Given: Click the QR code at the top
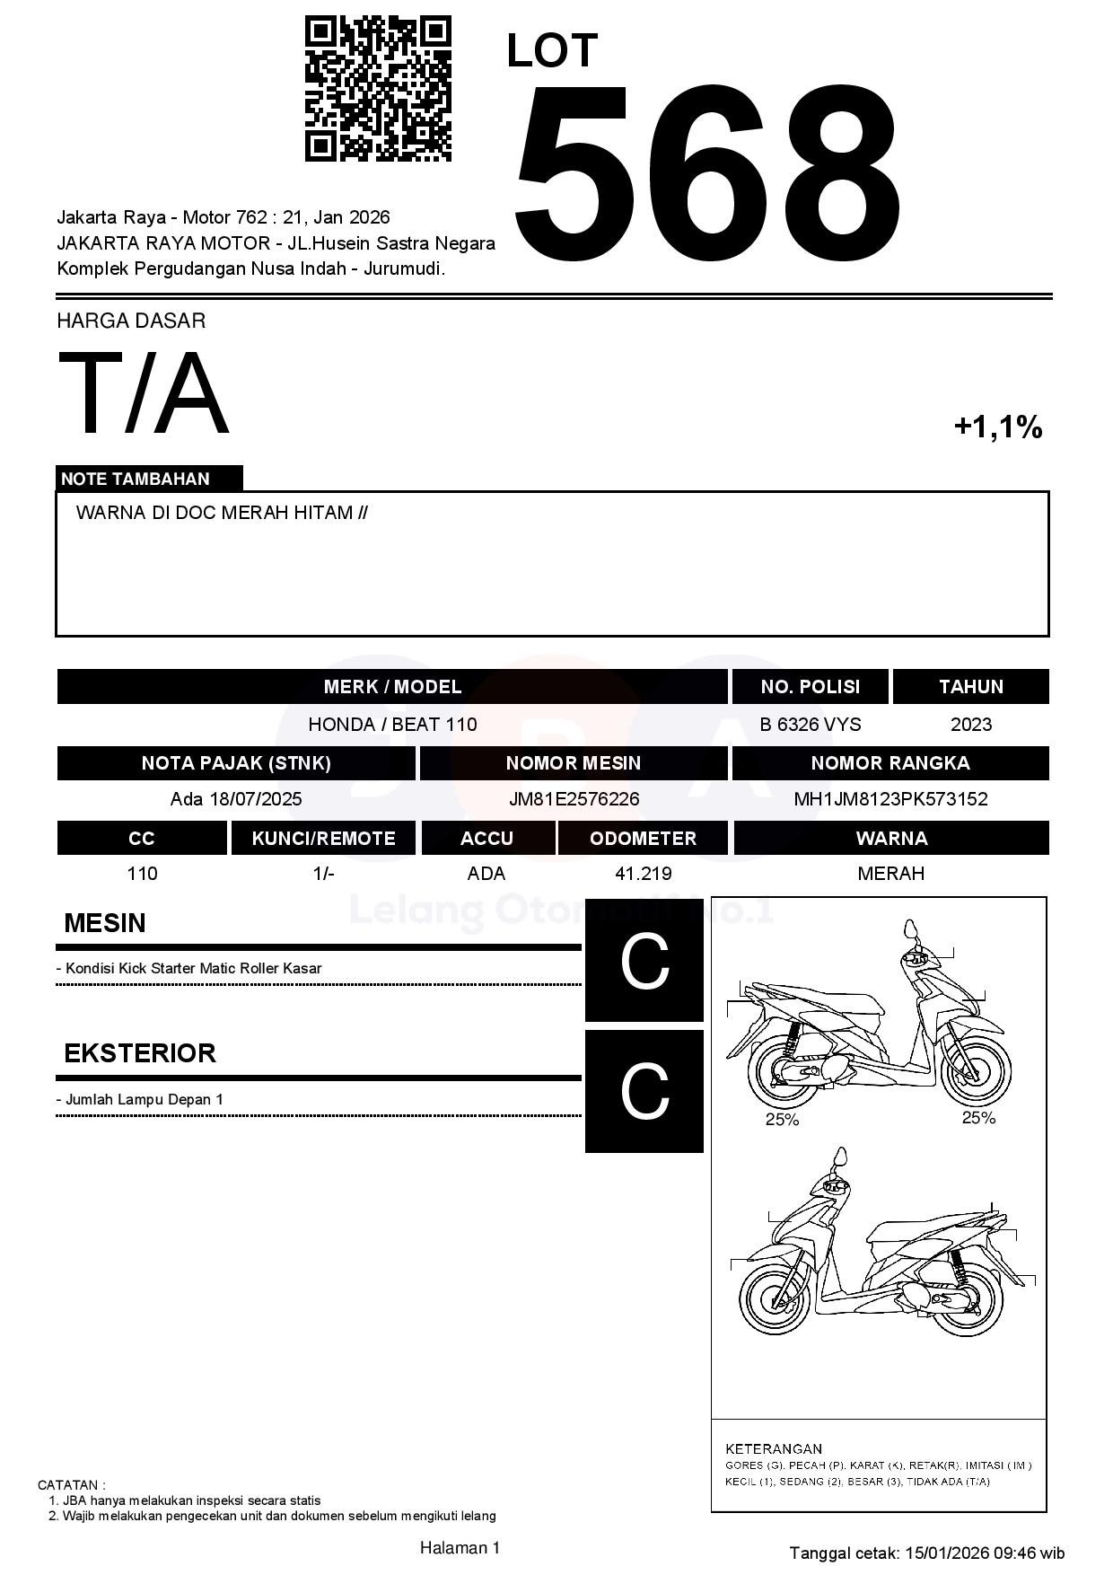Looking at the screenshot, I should (x=378, y=88).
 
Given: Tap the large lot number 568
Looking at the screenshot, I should (x=705, y=175).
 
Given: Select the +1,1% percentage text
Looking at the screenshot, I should (x=997, y=427).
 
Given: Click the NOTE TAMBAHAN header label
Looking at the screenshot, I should (x=136, y=479).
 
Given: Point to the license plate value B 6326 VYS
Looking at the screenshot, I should (x=810, y=725).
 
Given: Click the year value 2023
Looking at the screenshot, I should (x=970, y=725).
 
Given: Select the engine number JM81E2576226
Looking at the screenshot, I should (x=574, y=799).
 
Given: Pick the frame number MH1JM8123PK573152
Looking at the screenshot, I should (x=890, y=799).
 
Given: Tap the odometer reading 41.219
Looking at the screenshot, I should (x=643, y=874).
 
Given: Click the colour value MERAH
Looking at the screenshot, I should (x=890, y=874).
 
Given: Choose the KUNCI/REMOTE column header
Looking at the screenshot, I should (x=323, y=839).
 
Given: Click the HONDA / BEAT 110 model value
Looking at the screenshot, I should (x=392, y=725).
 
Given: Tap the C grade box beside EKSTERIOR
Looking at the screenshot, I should (x=644, y=1091).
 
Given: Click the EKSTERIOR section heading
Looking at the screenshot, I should (x=140, y=1053).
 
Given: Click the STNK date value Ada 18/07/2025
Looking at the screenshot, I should (x=236, y=799).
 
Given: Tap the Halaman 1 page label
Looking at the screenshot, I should (x=460, y=1548).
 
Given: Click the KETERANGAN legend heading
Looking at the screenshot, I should (x=774, y=1448).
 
